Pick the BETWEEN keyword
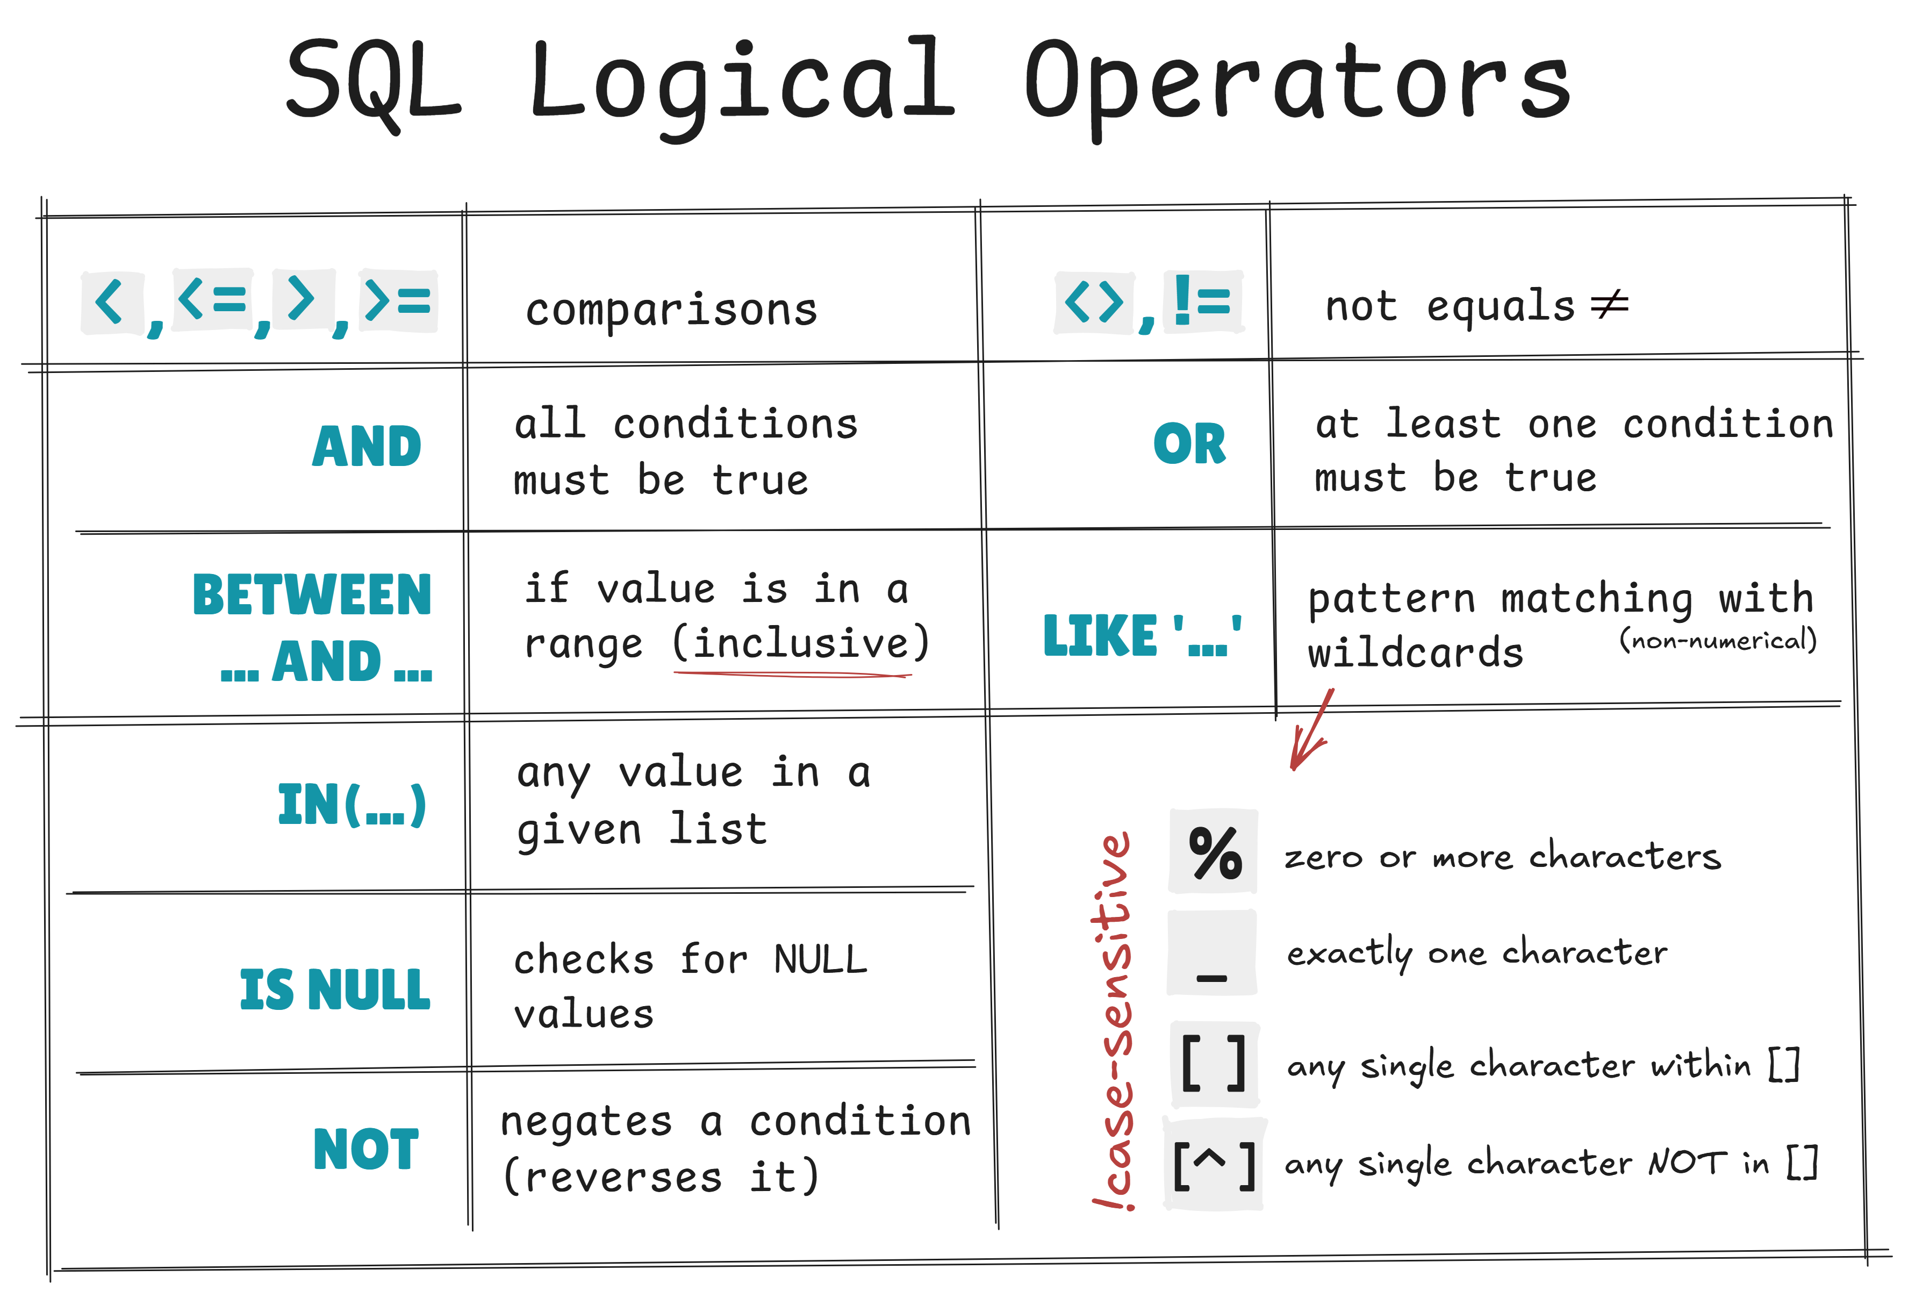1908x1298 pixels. pos(311,594)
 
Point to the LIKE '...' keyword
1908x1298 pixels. pos(1141,636)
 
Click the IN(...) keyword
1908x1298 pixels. pos(352,805)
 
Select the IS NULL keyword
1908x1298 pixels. pos(335,989)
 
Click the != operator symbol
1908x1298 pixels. pos(1203,302)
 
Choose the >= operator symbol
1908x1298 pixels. pos(398,300)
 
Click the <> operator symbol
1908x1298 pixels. pos(1094,302)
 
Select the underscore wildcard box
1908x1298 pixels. pos(1212,952)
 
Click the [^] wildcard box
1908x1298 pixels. pos(1214,1164)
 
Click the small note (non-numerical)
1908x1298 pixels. pos(1718,640)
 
